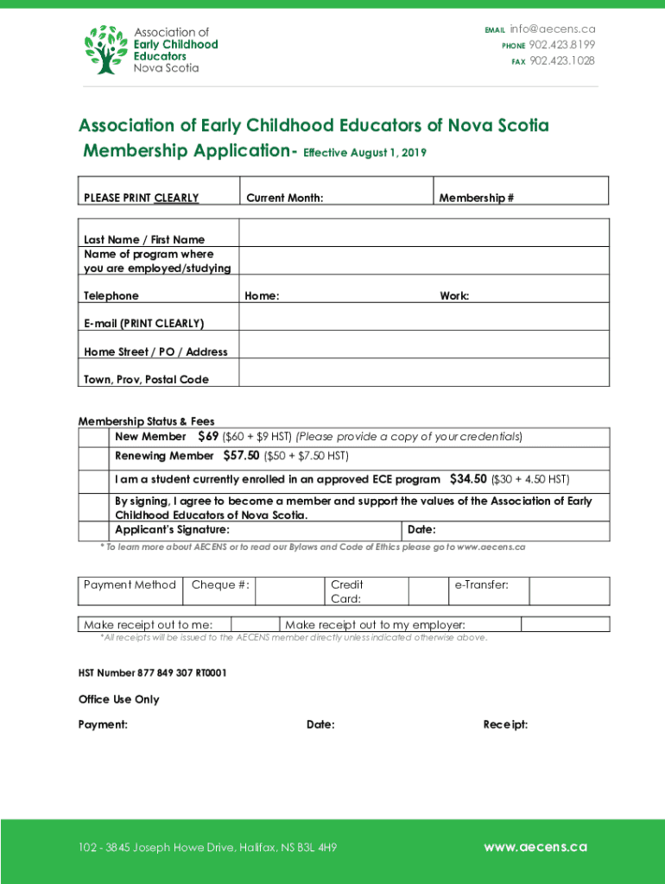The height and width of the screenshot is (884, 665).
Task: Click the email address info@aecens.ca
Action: click(x=553, y=29)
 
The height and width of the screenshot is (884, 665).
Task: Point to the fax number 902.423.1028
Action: click(x=562, y=60)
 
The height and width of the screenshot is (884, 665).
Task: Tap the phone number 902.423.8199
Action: click(x=562, y=45)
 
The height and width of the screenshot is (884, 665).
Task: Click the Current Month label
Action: click(x=285, y=198)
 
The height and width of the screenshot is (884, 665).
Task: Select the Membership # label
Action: click(x=477, y=198)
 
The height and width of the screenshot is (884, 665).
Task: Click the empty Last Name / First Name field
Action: click(x=423, y=233)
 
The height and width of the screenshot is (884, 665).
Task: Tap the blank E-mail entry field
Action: click(x=423, y=319)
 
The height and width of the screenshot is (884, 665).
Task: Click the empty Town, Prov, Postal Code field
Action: click(x=423, y=373)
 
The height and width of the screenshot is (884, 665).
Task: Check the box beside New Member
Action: click(x=96, y=437)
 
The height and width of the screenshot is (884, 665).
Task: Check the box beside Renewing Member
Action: click(x=96, y=457)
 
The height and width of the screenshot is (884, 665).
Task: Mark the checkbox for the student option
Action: click(x=96, y=480)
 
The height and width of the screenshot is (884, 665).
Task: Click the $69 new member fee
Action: click(x=207, y=436)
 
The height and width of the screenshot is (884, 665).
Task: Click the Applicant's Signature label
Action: click(x=173, y=529)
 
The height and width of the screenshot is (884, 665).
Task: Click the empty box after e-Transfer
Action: click(x=568, y=590)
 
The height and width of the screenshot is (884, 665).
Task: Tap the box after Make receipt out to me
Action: click(x=255, y=624)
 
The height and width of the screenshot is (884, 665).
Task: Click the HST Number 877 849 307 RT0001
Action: click(x=153, y=672)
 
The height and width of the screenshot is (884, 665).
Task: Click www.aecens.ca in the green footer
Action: click(x=535, y=847)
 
